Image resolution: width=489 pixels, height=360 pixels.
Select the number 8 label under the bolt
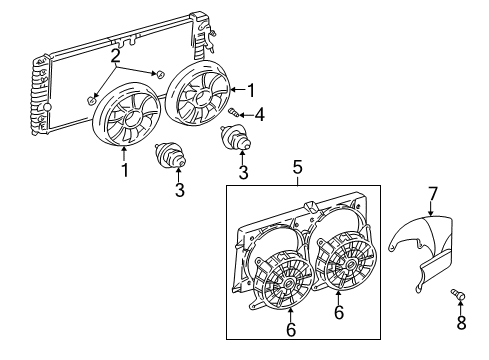tap(463, 323)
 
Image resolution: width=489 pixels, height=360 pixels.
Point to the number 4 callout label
tap(260, 115)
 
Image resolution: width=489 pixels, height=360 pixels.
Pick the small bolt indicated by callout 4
tap(233, 112)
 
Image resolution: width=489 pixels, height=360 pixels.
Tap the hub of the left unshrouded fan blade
tap(127, 119)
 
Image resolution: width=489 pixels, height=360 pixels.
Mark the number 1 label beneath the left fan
tap(125, 171)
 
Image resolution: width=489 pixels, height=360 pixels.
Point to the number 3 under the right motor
tap(243, 172)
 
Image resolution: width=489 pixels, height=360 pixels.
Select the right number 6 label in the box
tap(339, 313)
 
